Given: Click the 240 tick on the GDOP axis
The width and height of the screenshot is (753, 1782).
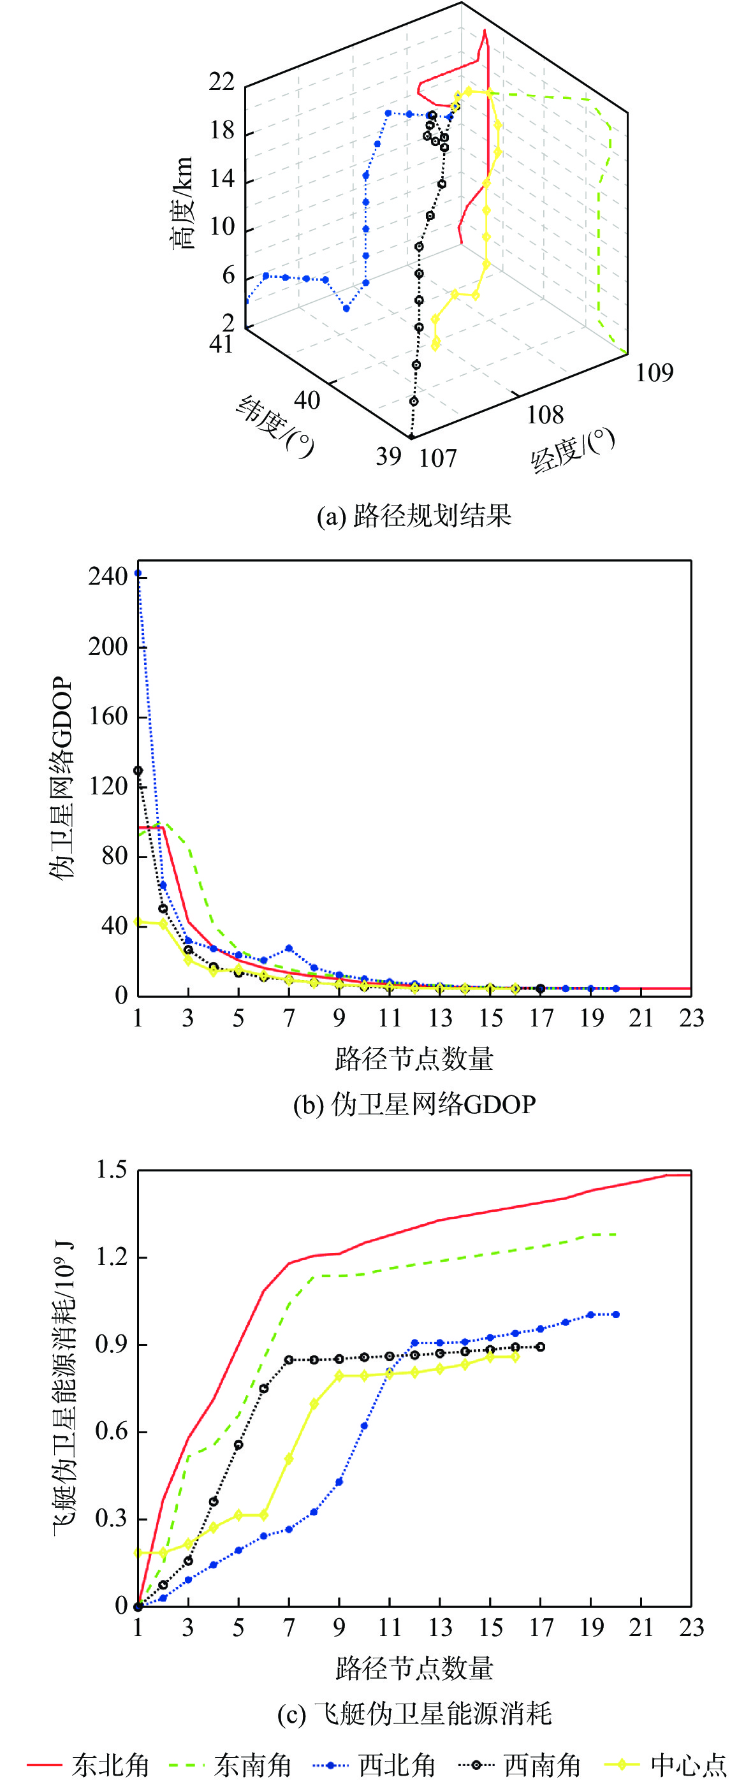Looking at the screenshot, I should click(x=108, y=576).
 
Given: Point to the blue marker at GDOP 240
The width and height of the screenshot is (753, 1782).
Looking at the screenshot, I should click(x=138, y=573).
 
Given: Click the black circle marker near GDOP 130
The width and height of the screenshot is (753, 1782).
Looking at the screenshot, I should click(x=138, y=771).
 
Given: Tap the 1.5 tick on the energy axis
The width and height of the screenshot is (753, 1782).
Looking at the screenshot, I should click(x=112, y=1170).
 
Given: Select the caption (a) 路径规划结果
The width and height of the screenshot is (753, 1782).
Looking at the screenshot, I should click(x=414, y=516).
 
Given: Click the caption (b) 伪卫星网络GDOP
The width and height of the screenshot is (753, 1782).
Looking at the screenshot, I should click(x=414, y=1104).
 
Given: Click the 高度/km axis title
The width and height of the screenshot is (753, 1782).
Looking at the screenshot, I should click(x=182, y=202).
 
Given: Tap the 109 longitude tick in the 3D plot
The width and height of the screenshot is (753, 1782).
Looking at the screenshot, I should click(x=654, y=373).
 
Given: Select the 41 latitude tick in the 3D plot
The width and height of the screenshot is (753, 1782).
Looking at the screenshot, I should click(x=221, y=344).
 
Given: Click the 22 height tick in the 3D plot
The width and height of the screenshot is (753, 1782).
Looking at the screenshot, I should click(x=221, y=82).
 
